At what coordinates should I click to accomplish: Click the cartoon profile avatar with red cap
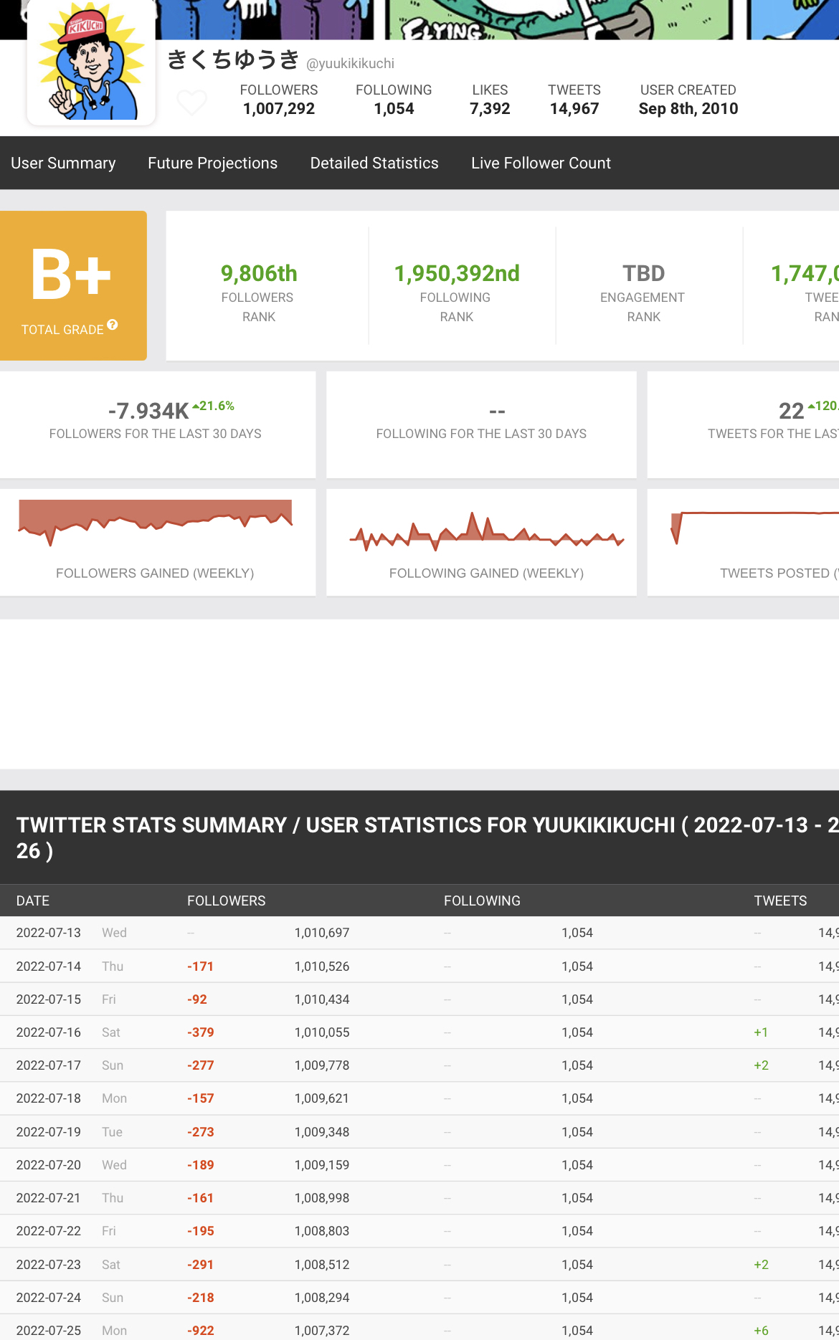pos(91,63)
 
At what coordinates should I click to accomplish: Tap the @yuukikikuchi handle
pos(350,64)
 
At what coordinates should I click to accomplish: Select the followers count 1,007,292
pos(279,109)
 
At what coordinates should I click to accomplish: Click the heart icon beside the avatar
pos(191,103)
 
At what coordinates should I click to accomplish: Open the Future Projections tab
pos(212,163)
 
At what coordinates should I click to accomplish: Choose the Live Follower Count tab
pos(541,163)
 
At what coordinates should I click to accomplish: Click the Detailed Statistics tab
pos(374,163)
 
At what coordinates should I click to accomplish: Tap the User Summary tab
pos(63,163)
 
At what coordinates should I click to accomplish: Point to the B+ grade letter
pos(71,275)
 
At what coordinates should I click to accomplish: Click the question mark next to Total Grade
pos(113,326)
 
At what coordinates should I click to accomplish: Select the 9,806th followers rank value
pos(259,274)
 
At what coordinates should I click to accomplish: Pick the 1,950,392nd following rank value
pos(457,274)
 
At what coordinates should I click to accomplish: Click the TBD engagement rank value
pos(643,274)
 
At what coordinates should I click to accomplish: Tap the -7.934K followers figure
pos(148,412)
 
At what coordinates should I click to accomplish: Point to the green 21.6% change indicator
pos(214,406)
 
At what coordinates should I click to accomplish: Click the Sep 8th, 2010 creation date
pos(688,109)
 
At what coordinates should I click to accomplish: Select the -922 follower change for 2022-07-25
pos(201,1331)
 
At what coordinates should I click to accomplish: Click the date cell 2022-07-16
pos(49,1032)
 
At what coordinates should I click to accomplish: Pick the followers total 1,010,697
pos(322,933)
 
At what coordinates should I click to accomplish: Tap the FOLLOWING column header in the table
pos(482,901)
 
